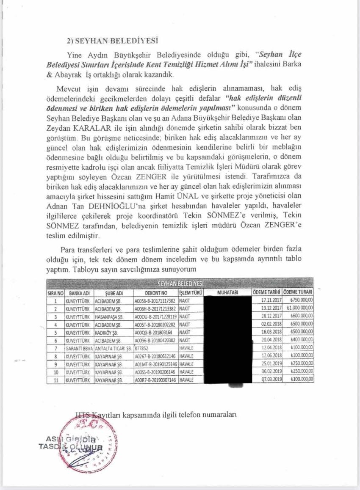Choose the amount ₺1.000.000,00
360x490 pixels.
pyautogui.click(x=299, y=308)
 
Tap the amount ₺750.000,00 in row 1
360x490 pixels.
pyautogui.click(x=300, y=300)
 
